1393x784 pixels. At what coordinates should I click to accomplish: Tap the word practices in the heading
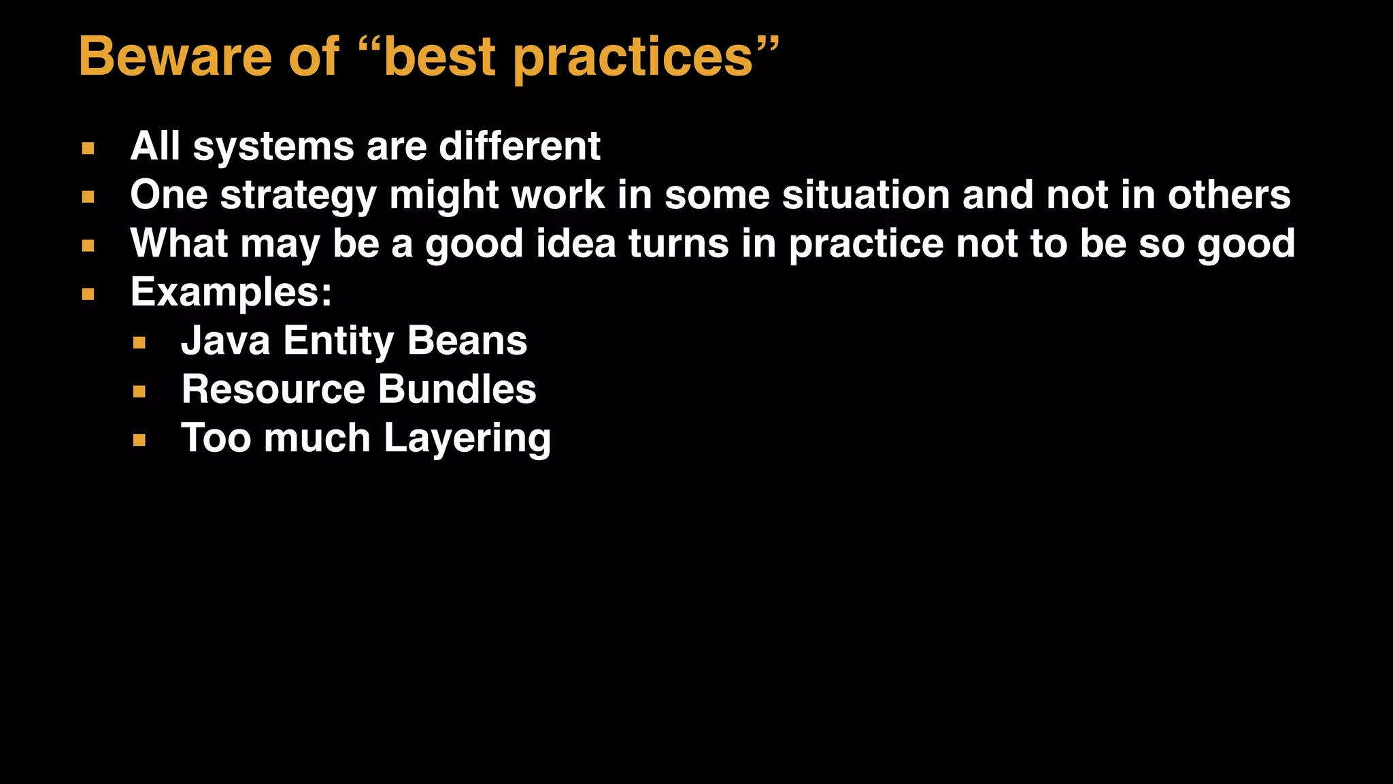633,59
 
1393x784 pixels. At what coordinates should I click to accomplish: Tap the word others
1229,195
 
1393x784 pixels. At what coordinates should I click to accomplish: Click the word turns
679,244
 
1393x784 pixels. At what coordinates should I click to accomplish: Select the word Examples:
231,293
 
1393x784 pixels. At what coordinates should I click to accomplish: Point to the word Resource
273,389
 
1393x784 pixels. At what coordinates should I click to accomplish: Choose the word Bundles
457,389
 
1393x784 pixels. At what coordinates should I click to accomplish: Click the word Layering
467,439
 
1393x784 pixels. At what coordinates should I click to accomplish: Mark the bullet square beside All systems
88,148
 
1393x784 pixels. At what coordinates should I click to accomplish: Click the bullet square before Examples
88,295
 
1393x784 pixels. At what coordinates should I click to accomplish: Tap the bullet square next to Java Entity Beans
139,343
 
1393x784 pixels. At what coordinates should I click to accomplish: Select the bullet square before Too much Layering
139,440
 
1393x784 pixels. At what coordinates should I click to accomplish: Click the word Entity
338,342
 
